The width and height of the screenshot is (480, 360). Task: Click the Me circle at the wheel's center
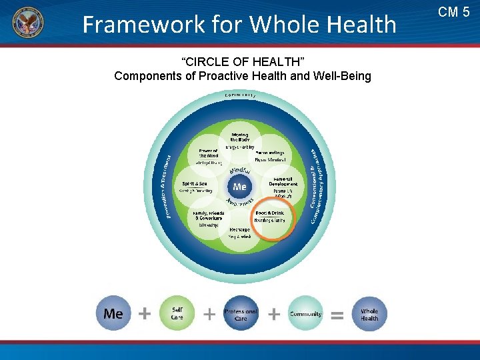point(239,187)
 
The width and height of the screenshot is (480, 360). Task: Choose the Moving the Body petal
point(239,139)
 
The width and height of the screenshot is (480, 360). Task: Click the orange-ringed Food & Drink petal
point(271,217)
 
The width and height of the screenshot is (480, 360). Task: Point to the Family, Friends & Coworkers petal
point(207,217)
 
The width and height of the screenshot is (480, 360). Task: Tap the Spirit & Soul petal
point(196,186)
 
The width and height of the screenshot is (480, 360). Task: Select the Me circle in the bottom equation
point(113,313)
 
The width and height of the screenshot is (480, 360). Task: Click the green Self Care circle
point(177,313)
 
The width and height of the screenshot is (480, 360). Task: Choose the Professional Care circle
point(241,313)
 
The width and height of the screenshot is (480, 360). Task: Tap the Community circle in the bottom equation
point(305,313)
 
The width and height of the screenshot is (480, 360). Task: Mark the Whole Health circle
point(369,313)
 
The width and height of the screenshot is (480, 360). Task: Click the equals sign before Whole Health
point(337,315)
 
